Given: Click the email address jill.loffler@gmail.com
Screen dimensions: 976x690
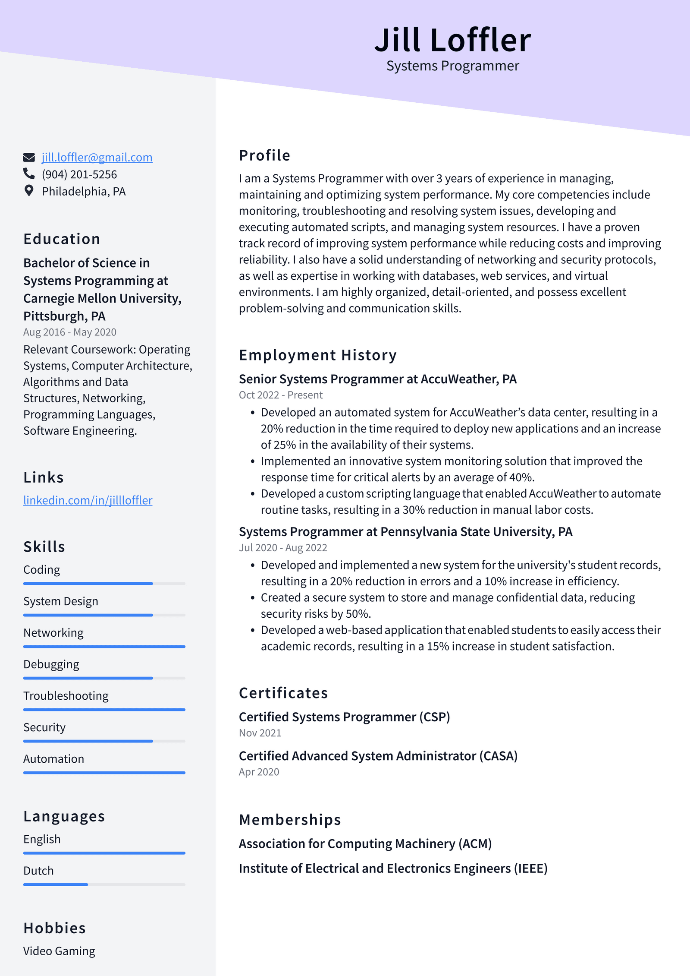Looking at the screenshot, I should (97, 158).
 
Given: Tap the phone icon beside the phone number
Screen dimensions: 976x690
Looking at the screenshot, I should (29, 174).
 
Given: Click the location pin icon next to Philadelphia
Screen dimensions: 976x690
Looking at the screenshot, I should (29, 191).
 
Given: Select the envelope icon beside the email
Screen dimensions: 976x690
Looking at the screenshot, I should (29, 157).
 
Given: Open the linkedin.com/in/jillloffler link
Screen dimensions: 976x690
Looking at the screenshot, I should (88, 500).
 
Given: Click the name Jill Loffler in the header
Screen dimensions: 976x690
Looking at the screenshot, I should (452, 40).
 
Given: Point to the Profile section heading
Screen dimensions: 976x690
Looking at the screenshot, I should (265, 155).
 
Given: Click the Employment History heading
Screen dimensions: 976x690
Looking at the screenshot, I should (318, 355).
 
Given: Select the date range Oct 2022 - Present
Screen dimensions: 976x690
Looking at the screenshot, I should (281, 395).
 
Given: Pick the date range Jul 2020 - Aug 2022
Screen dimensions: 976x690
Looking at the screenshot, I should (283, 548).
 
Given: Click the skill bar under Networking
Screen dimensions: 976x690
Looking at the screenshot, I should (104, 647).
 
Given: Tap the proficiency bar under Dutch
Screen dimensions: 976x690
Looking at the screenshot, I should (104, 884).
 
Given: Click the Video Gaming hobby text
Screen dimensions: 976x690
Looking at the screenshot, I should (59, 951).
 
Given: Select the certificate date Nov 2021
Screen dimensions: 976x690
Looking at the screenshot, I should (260, 733).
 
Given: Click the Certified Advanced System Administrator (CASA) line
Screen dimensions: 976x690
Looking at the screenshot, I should (378, 756).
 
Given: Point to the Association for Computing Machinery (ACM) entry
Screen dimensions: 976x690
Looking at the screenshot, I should (365, 843).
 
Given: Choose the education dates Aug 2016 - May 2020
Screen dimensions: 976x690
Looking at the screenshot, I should (70, 332).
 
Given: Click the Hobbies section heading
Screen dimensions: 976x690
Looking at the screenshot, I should (55, 928).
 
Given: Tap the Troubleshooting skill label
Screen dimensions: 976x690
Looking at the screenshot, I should (66, 696).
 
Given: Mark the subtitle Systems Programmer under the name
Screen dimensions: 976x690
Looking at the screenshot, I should (452, 66).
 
